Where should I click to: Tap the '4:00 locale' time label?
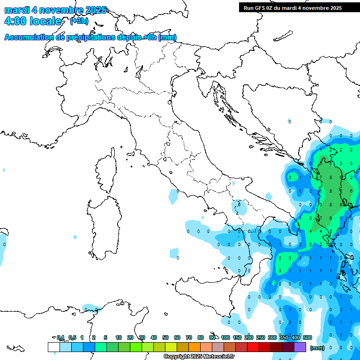32,21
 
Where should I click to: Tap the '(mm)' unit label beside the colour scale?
317,348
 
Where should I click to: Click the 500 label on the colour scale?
307,337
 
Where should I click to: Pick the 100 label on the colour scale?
225,337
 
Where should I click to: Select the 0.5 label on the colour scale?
72,337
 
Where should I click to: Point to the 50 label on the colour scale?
165,337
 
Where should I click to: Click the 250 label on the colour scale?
261,337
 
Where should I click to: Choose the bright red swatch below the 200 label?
253,347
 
